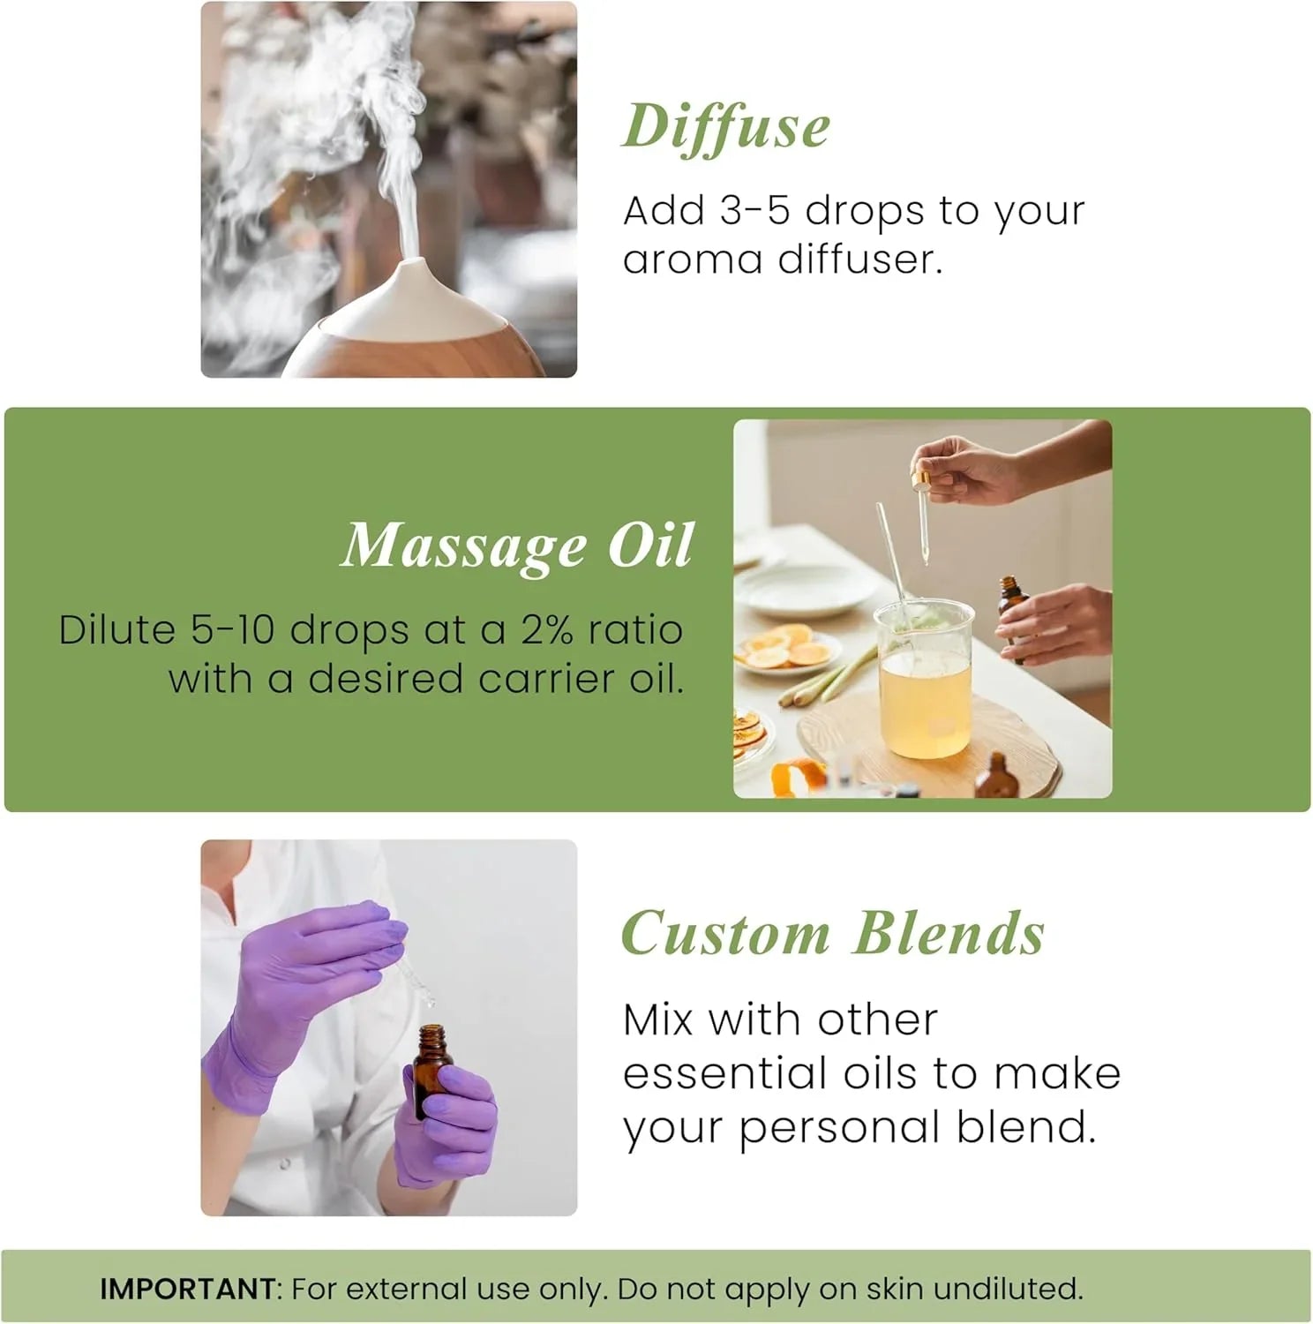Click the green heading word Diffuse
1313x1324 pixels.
[726, 128]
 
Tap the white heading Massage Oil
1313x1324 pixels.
[517, 545]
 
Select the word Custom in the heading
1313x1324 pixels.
[725, 933]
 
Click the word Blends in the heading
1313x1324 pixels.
[949, 933]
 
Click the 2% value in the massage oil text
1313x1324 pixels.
[548, 630]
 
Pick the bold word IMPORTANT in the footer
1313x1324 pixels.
[187, 1289]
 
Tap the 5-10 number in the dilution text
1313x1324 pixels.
[233, 630]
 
